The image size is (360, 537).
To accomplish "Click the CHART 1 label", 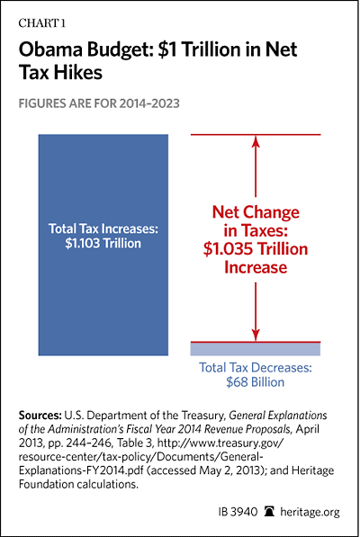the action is [x=41, y=23].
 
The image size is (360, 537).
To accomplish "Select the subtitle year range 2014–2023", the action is [x=149, y=103].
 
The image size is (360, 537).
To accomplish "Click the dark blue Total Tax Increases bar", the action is [x=103, y=245].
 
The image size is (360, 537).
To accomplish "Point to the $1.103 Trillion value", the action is [x=103, y=243].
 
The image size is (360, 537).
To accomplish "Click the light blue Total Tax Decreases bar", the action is [x=256, y=349].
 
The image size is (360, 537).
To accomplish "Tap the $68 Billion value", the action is [x=256, y=382].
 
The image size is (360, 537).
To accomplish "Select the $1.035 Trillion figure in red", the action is [x=256, y=249].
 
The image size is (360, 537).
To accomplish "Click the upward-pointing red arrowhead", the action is [x=256, y=141].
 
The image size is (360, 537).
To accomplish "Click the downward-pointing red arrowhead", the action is [x=256, y=335].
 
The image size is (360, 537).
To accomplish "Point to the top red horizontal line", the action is [x=256, y=135].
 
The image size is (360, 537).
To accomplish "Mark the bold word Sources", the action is [x=40, y=416].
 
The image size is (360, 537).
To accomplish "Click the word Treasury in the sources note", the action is [x=203, y=416].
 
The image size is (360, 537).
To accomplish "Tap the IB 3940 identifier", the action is [x=238, y=512].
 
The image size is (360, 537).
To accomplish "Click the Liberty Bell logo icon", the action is [x=270, y=512].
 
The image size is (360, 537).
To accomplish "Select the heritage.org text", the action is [x=310, y=512].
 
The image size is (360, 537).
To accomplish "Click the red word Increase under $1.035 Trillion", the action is [x=256, y=267].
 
